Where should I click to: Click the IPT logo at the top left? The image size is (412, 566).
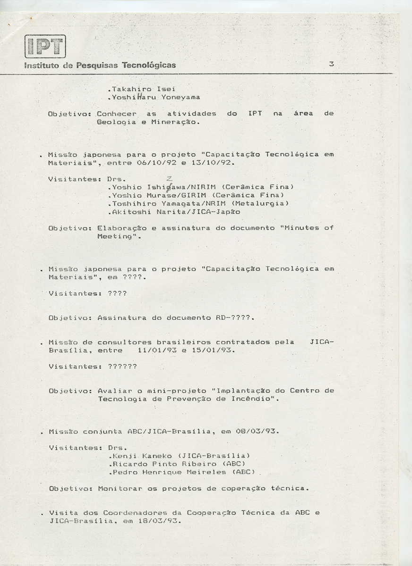tap(45, 46)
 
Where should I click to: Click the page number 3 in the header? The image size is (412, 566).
tap(331, 64)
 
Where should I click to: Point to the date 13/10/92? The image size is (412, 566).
tap(215, 163)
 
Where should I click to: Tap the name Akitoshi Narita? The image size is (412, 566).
tap(146, 212)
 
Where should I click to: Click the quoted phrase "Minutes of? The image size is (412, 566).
tap(307, 228)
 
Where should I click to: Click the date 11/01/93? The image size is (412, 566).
tap(154, 350)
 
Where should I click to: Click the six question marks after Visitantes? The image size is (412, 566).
tap(122, 366)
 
